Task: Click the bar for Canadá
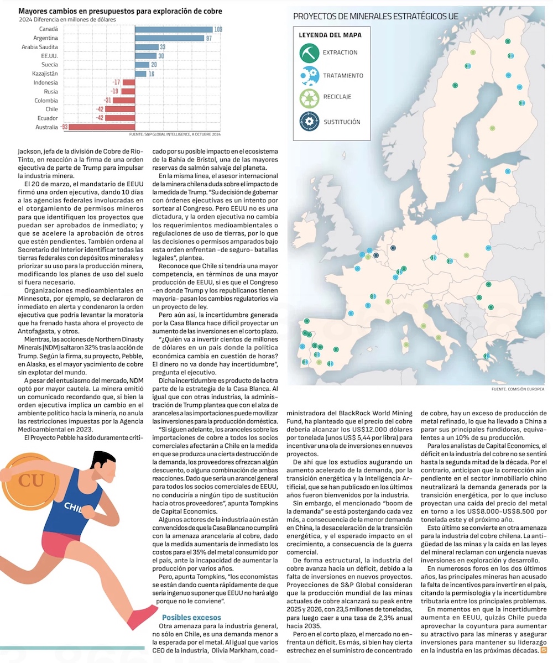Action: click(x=174, y=29)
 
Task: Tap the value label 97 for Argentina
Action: click(x=209, y=38)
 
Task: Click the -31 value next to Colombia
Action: click(x=108, y=101)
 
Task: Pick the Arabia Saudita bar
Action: click(x=147, y=47)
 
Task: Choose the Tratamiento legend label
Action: click(x=343, y=75)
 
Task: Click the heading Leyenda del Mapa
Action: click(x=330, y=35)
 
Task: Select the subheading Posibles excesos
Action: click(x=191, y=617)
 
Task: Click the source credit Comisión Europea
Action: click(x=517, y=389)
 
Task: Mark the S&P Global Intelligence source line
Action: click(x=175, y=134)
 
